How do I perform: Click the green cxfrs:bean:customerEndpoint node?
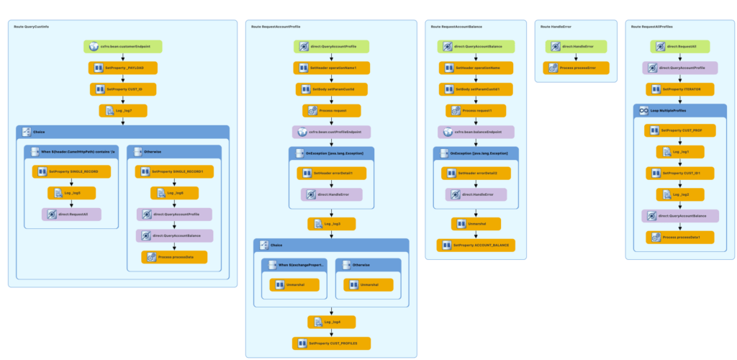[x=122, y=47]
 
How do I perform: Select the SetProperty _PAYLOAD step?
[x=122, y=68]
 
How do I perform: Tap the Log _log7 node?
[x=122, y=111]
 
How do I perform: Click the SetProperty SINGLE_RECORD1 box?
[x=173, y=171]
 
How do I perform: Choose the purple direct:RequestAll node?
[x=71, y=215]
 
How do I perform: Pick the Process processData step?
[x=173, y=257]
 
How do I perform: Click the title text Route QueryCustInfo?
[x=32, y=27]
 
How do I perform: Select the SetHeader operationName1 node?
[x=331, y=68]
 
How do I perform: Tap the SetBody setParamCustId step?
[x=331, y=89]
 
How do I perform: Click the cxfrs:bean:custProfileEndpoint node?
[x=331, y=132]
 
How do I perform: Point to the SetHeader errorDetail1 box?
[x=331, y=173]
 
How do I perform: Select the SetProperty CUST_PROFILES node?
[x=331, y=343]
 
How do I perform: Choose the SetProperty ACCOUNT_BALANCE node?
[x=475, y=246]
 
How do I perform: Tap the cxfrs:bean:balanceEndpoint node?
[x=475, y=132]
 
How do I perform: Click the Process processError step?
[x=576, y=68]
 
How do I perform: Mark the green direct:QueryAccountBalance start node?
[x=475, y=47]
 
